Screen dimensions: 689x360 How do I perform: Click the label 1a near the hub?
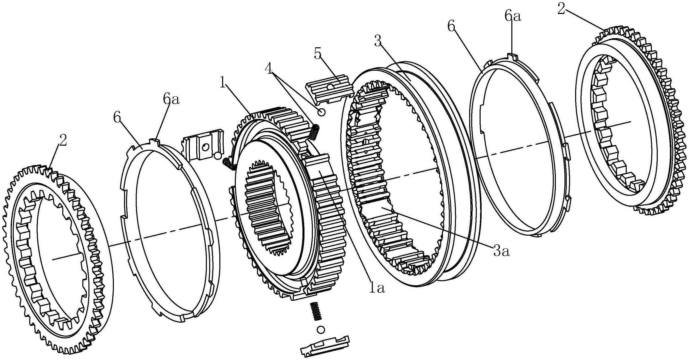pyautogui.click(x=377, y=288)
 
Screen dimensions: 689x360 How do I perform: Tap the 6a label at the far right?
pyautogui.click(x=513, y=17)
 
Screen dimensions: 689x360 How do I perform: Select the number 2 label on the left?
pyautogui.click(x=63, y=140)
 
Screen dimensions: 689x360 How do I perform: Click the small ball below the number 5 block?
pyautogui.click(x=321, y=112)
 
